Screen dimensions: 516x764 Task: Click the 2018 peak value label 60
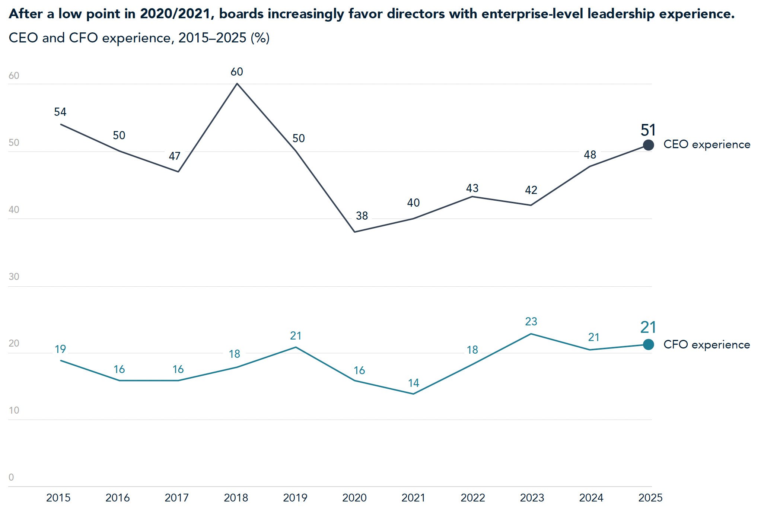[237, 71]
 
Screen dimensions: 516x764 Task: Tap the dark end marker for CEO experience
[648, 145]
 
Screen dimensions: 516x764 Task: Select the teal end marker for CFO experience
[648, 345]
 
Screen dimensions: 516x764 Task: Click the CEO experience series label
[707, 144]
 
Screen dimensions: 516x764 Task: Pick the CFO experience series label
[707, 345]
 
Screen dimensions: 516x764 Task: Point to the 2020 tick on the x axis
[354, 498]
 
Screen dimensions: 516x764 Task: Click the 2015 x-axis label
[58, 498]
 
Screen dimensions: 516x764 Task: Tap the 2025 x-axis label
[650, 498]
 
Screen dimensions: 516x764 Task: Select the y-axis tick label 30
[14, 277]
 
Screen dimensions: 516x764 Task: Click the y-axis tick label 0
[11, 477]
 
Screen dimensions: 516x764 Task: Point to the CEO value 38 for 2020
[362, 216]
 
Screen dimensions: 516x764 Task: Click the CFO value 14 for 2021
[414, 383]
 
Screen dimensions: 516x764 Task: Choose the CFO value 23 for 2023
[531, 321]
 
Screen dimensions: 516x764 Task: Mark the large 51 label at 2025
[648, 130]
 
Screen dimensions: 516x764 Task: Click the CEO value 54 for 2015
[60, 112]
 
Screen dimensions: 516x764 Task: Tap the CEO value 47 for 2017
[175, 156]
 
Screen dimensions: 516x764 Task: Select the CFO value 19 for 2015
[60, 349]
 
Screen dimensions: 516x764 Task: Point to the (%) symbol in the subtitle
[260, 38]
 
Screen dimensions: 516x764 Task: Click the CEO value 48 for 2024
[590, 155]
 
